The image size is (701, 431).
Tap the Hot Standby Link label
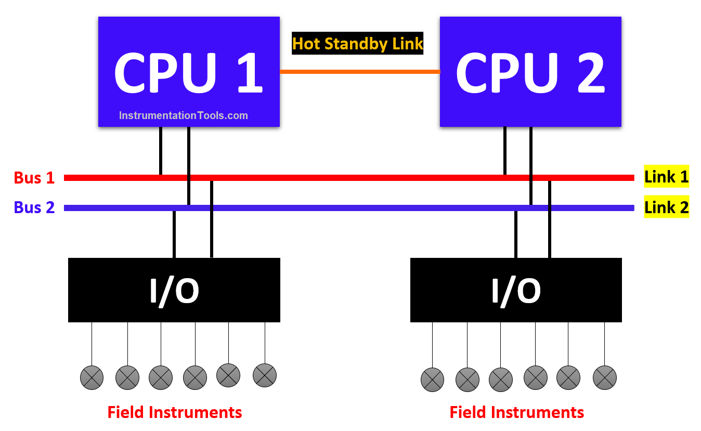pyautogui.click(x=358, y=44)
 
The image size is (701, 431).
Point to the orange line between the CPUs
pyautogui.click(x=359, y=71)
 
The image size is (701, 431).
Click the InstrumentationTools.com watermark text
pyautogui.click(x=184, y=115)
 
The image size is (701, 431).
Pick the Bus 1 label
pyautogui.click(x=34, y=178)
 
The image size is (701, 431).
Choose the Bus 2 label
pyautogui.click(x=34, y=207)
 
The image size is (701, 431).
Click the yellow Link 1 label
pyautogui.click(x=666, y=177)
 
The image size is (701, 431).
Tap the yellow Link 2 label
pyautogui.click(x=666, y=207)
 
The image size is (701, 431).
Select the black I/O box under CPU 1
pyautogui.click(x=174, y=290)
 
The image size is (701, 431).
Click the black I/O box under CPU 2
pyautogui.click(x=516, y=290)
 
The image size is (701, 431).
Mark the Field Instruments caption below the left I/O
pyautogui.click(x=175, y=412)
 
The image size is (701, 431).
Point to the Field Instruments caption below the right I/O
pyautogui.click(x=517, y=412)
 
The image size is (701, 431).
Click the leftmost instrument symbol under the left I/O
pyautogui.click(x=92, y=377)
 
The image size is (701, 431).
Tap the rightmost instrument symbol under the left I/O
pyautogui.click(x=265, y=375)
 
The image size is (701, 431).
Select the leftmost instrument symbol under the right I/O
pyautogui.click(x=432, y=379)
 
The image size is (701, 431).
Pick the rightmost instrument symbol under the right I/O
pyautogui.click(x=604, y=377)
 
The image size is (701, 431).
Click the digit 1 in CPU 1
pyautogui.click(x=250, y=73)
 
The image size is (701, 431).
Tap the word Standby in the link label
pyautogui.click(x=358, y=44)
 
